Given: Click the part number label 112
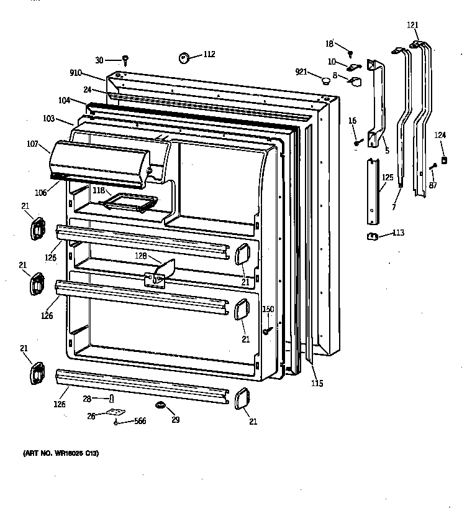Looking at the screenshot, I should pos(209,54).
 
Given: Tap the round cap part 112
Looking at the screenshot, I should pos(184,58).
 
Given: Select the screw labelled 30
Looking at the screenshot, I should pos(125,60).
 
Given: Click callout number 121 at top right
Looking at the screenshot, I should pos(413,25).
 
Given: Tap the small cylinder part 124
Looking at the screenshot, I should pos(444,161).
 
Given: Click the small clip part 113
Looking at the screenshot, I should pos(373,236).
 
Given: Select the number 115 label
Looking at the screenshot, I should pos(317,384).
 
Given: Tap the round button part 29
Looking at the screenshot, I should pos(162,405).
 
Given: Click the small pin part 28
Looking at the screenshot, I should pos(111,397).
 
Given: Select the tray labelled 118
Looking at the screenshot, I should pos(132,201).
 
